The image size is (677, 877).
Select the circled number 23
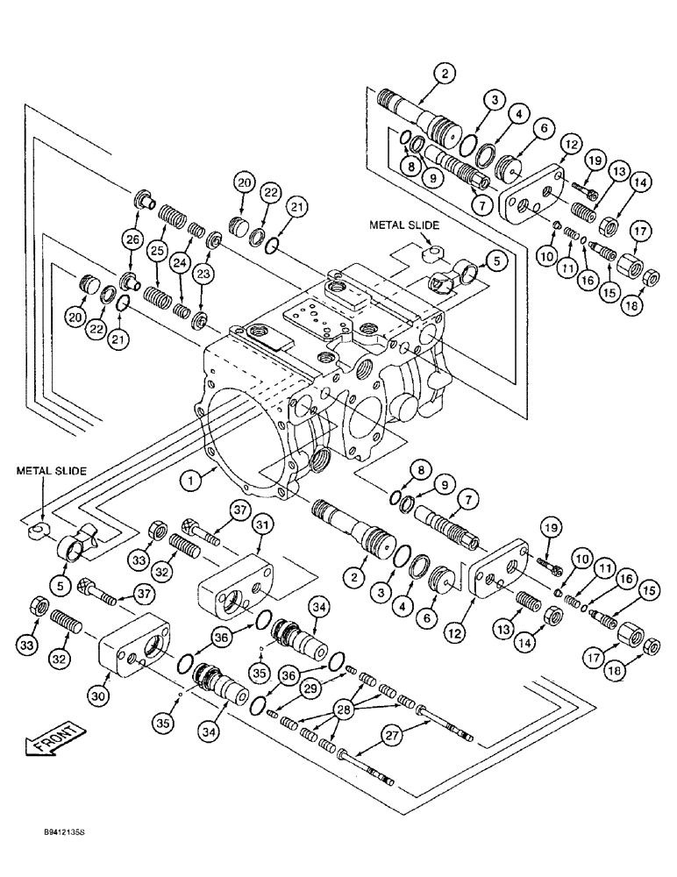click(x=203, y=275)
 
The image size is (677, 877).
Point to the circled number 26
click(x=132, y=239)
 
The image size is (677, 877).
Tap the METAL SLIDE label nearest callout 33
click(x=51, y=471)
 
